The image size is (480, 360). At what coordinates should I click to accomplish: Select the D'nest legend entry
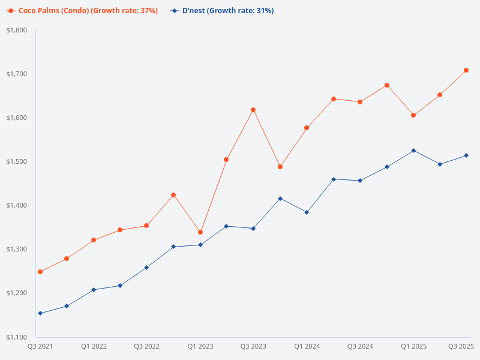pyautogui.click(x=223, y=10)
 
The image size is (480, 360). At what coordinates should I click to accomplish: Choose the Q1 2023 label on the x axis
pyautogui.click(x=200, y=346)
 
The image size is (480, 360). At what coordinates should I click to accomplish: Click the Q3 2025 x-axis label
pyautogui.click(x=461, y=346)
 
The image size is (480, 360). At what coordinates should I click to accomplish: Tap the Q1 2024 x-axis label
pyautogui.click(x=307, y=346)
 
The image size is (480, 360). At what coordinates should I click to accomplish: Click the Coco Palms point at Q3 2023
pyautogui.click(x=253, y=110)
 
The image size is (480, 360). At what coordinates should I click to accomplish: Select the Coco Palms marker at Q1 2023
pyautogui.click(x=200, y=232)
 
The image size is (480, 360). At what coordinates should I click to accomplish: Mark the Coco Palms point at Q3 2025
pyautogui.click(x=466, y=70)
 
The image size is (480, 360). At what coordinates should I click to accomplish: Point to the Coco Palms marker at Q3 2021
pyautogui.click(x=40, y=272)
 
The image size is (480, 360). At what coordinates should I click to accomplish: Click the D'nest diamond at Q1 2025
pyautogui.click(x=413, y=151)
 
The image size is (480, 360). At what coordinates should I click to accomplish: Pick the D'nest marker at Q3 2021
pyautogui.click(x=40, y=313)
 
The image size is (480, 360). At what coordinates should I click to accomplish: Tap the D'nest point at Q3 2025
pyautogui.click(x=466, y=155)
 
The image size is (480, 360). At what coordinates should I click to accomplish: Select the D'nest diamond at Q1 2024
pyautogui.click(x=307, y=212)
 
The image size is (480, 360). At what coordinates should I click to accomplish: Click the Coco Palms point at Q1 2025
pyautogui.click(x=413, y=115)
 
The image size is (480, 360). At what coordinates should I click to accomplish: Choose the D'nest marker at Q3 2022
pyautogui.click(x=146, y=268)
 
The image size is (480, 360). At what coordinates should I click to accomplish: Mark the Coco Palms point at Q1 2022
pyautogui.click(x=94, y=240)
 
